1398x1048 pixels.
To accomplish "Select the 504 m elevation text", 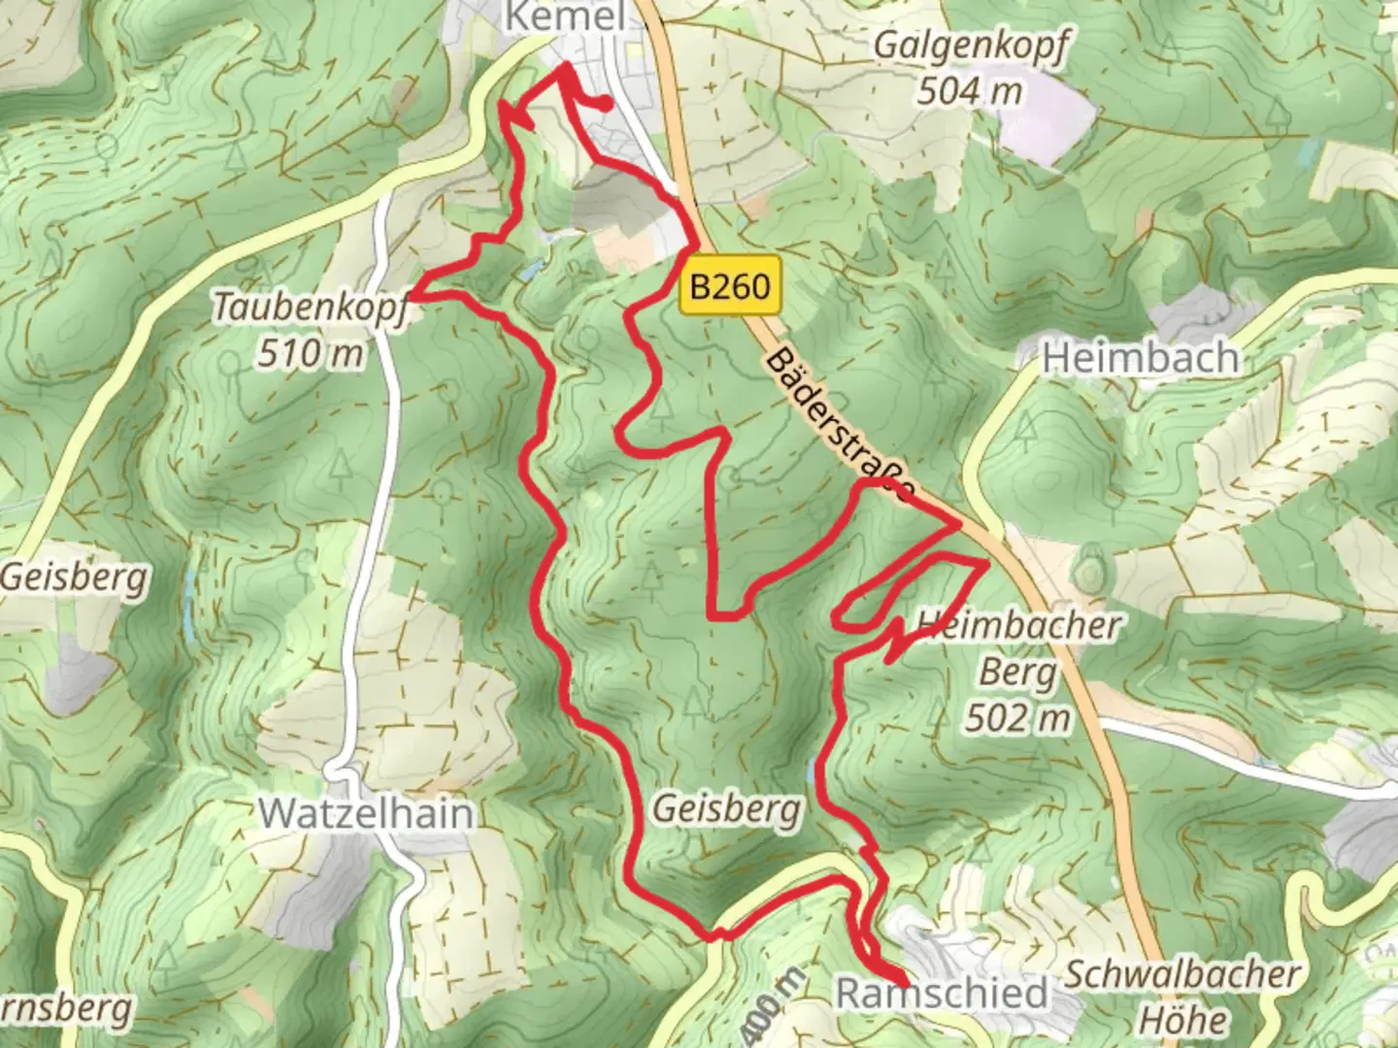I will pyautogui.click(x=970, y=91).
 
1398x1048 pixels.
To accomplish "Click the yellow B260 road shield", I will pyautogui.click(x=730, y=286).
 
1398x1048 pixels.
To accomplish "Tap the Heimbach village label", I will pyautogui.click(x=1140, y=358).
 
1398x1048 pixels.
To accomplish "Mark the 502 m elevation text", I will pyautogui.click(x=1018, y=718).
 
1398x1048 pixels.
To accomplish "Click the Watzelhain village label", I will pyautogui.click(x=367, y=813).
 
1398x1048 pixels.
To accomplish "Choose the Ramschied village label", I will pyautogui.click(x=942, y=994).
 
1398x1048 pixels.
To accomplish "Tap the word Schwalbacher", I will pyautogui.click(x=1182, y=975).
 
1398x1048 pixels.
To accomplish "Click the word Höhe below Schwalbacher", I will pyautogui.click(x=1182, y=1020).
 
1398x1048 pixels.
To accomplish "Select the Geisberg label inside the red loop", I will pyautogui.click(x=727, y=808).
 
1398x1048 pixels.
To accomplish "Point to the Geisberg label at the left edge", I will pyautogui.click(x=74, y=578).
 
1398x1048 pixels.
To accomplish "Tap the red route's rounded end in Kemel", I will pyautogui.click(x=607, y=105).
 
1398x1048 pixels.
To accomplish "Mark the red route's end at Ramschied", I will pyautogui.click(x=904, y=984).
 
